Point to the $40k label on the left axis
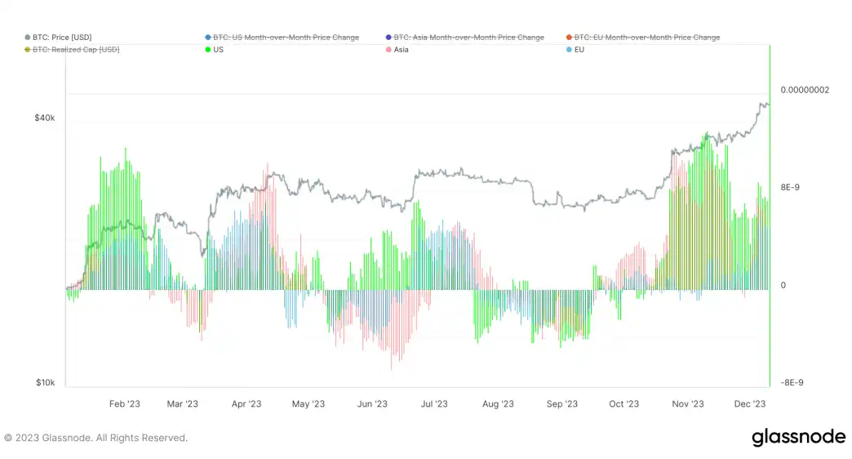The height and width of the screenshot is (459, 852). point(45,118)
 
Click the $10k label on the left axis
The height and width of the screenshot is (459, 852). point(45,383)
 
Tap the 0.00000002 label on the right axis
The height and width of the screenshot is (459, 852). point(805,90)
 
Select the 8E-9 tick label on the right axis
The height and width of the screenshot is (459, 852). point(790,188)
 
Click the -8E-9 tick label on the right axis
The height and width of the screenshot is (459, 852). point(792,383)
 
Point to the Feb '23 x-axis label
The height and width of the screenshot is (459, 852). point(124,404)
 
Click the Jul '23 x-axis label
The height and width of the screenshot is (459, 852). point(434,404)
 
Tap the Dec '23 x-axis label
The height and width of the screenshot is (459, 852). point(749,404)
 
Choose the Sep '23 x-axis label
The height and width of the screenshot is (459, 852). point(561,404)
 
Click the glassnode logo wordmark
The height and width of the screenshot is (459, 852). point(798,437)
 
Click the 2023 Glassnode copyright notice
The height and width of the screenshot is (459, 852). point(95,439)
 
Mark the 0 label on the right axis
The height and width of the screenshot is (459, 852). point(783,286)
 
